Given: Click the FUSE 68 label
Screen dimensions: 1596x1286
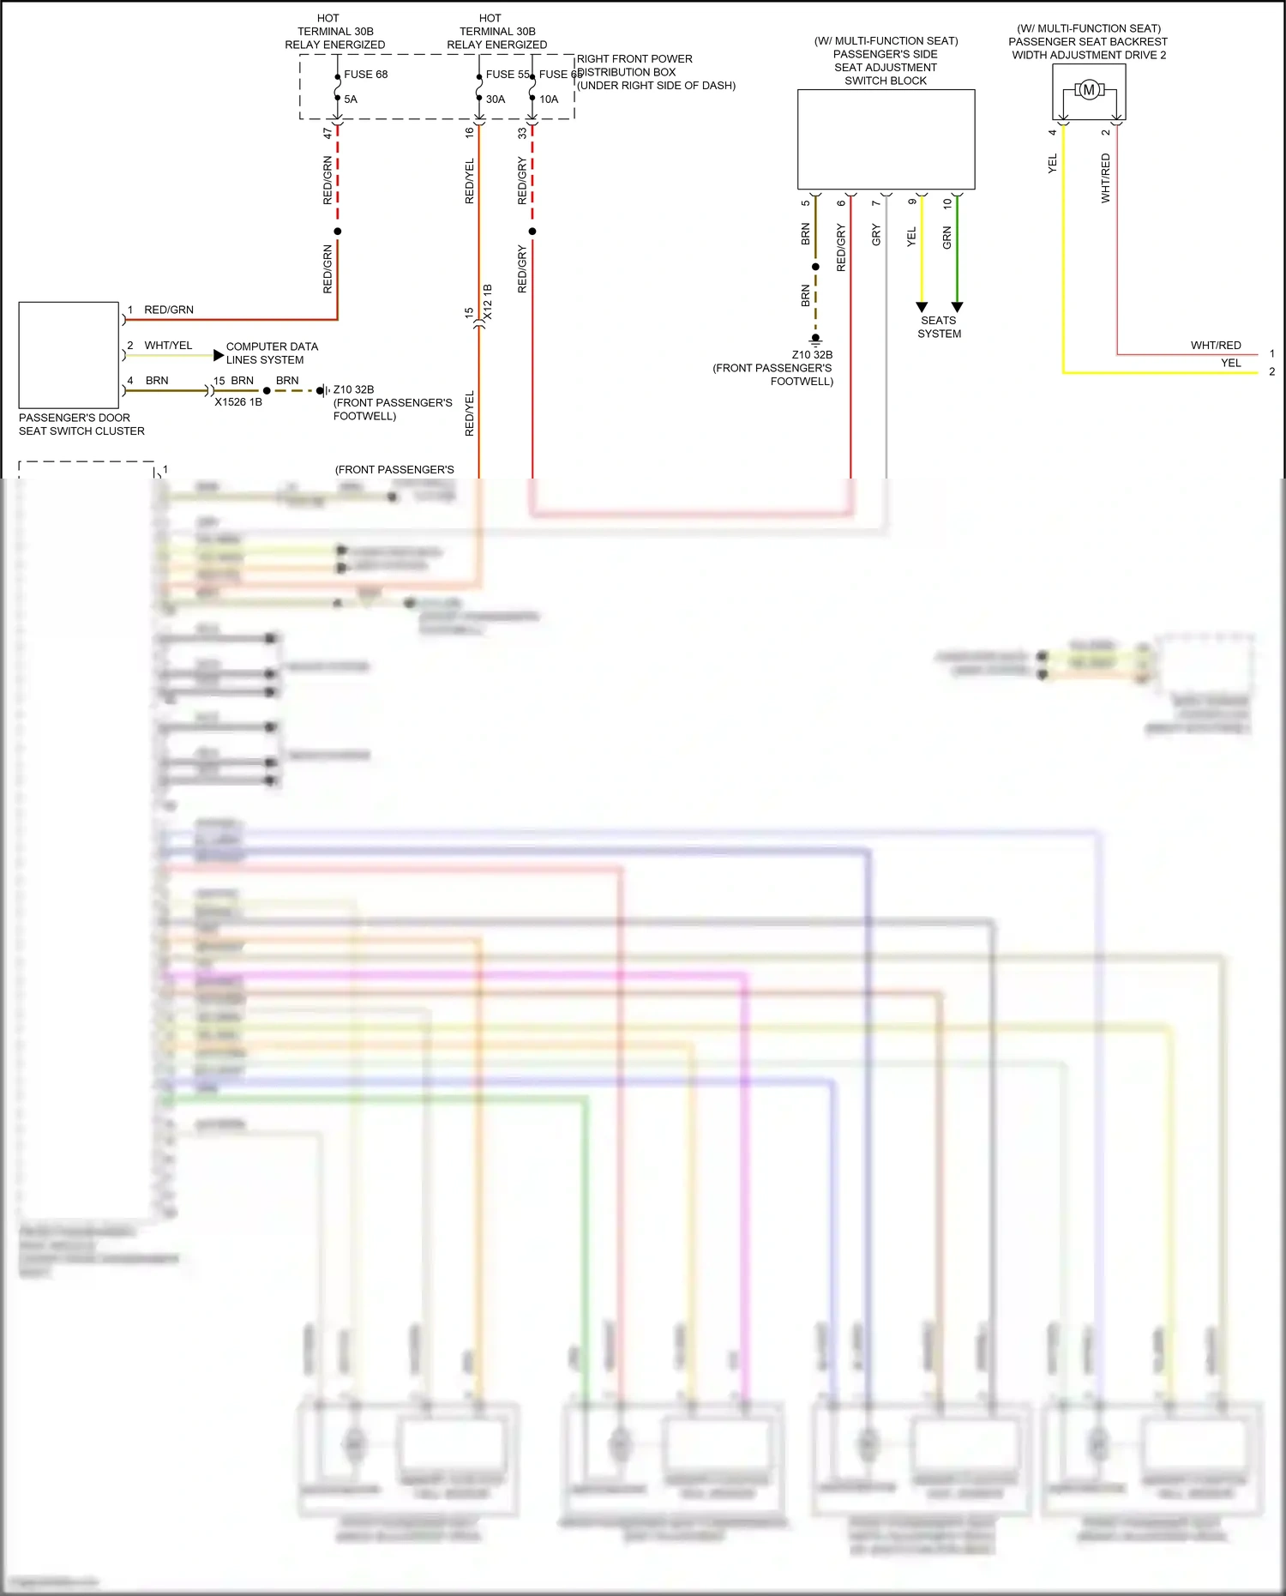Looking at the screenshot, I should coord(366,75).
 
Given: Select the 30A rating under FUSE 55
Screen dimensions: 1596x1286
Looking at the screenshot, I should coord(496,99).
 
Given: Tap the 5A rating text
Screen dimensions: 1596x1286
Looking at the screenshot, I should coord(351,99).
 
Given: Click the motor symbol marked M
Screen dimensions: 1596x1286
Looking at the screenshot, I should coord(1089,90).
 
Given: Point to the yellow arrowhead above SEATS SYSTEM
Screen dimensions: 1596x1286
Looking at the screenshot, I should coord(922,307).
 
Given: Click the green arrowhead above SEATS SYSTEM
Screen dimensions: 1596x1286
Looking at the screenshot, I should coord(958,307).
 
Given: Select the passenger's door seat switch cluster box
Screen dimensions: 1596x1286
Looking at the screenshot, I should coord(69,355).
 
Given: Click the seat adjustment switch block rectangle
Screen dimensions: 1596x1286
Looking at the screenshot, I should coord(886,139).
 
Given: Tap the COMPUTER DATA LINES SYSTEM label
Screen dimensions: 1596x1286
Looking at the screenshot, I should coord(272,353).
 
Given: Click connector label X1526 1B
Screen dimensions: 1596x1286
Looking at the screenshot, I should coord(238,402).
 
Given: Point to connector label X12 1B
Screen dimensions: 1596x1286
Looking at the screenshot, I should coord(488,303).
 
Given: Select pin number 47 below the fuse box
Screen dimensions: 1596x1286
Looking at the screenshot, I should coord(328,134).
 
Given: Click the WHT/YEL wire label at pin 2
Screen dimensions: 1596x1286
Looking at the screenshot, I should coord(168,346).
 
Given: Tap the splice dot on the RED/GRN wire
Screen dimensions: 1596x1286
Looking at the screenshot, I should coord(338,232).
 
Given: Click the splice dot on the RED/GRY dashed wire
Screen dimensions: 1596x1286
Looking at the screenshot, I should coord(532,232).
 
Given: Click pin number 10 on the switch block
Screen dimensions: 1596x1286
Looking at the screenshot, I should coord(947,204).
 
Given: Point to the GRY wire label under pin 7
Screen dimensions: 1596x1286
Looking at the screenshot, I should coord(876,235).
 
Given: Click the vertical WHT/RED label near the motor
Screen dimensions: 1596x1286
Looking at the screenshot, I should coord(1106,178).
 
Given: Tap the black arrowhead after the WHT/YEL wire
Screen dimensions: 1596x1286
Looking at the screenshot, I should coord(219,355).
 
